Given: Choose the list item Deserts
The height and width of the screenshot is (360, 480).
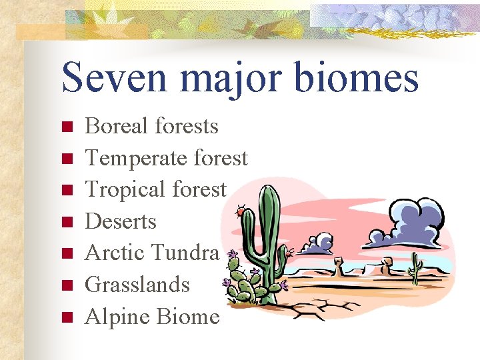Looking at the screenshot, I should tap(121, 221).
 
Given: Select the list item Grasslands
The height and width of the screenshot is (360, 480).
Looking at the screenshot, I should tap(137, 285).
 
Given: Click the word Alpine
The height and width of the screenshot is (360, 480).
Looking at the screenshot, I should tap(117, 317).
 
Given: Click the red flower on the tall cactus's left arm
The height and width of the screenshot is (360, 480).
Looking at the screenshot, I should tap(240, 212).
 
